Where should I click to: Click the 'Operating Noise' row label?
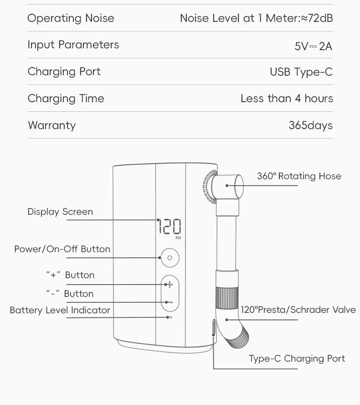pyautogui.click(x=71, y=18)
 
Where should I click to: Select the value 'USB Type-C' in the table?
pyautogui.click(x=301, y=72)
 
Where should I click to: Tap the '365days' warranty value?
pyautogui.click(x=310, y=125)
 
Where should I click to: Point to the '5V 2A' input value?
pyautogui.click(x=314, y=46)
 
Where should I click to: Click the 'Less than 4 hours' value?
pyautogui.click(x=287, y=99)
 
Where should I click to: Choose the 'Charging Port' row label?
pyautogui.click(x=64, y=72)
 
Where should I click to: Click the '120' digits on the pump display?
pyautogui.click(x=170, y=226)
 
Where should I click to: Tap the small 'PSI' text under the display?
pyautogui.click(x=178, y=238)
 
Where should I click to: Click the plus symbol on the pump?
pyautogui.click(x=170, y=285)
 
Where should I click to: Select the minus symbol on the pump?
pyautogui.click(x=170, y=302)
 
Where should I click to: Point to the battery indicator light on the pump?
pyautogui.click(x=169, y=317)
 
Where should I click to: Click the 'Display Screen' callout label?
pyautogui.click(x=60, y=212)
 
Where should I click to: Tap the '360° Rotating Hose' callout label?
pyautogui.click(x=299, y=176)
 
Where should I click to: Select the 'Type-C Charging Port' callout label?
pyautogui.click(x=297, y=358)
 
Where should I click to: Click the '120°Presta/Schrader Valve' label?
pyautogui.click(x=298, y=310)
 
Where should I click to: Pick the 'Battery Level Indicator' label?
pyautogui.click(x=60, y=310)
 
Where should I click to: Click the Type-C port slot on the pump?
pyautogui.click(x=214, y=328)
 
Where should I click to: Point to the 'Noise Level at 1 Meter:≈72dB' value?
pyautogui.click(x=256, y=18)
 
